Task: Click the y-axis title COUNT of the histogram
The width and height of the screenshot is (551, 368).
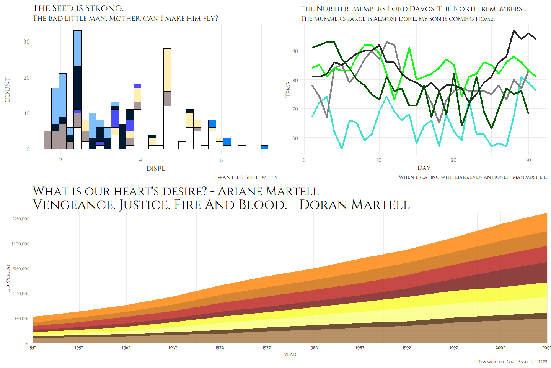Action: coord(7,90)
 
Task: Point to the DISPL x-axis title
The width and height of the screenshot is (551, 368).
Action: coord(156,169)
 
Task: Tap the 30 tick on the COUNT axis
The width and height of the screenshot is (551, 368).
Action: coord(26,41)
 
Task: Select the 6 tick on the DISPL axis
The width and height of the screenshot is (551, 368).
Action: coord(221,160)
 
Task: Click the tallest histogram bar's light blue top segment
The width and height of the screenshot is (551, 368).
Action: coord(77,48)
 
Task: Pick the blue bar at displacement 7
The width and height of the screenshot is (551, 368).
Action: coord(264,147)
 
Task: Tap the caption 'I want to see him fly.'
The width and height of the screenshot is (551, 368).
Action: coord(246,177)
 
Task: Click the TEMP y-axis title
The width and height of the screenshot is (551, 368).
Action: coord(288,89)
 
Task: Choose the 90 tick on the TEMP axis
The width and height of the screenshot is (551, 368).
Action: coord(295,51)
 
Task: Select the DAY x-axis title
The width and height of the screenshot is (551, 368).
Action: coord(424,168)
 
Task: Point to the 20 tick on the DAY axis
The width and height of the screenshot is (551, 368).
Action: coord(453,160)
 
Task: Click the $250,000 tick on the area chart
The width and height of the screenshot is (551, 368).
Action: coord(21,219)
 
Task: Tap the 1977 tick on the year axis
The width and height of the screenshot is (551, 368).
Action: coord(266,348)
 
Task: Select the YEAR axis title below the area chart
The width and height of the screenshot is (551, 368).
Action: coord(290,355)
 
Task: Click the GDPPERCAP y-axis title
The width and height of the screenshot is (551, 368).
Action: coord(8,278)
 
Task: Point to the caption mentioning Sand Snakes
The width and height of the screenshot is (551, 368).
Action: coord(512,362)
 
